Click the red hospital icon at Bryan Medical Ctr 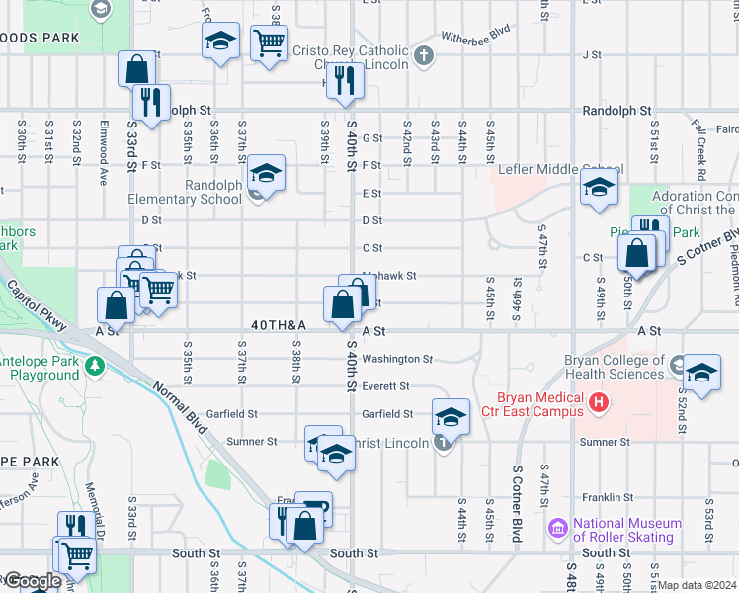point(597,402)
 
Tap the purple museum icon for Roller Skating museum point(559,530)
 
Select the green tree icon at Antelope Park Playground point(95,368)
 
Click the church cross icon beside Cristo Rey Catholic point(424,55)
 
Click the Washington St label point(397,359)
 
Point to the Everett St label point(385,386)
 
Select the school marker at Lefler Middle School point(599,188)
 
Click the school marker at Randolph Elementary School point(266,174)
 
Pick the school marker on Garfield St point(451,416)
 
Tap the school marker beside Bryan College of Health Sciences point(701,374)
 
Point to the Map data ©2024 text point(697,585)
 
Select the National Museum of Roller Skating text point(628,530)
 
